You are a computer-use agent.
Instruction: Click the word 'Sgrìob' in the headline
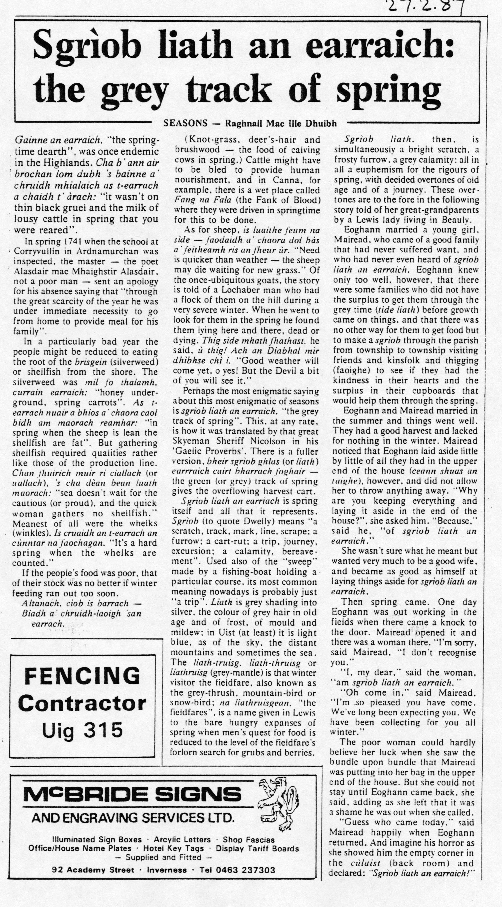(x=88, y=48)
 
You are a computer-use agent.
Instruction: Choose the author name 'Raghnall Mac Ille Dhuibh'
(x=281, y=123)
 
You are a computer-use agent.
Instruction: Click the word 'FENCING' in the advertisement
(x=82, y=676)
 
